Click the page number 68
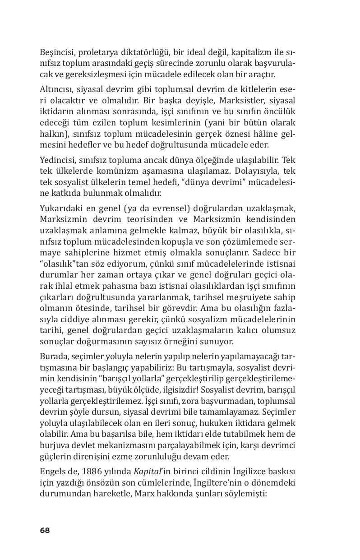point(44,530)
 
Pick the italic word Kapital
point(144,471)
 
